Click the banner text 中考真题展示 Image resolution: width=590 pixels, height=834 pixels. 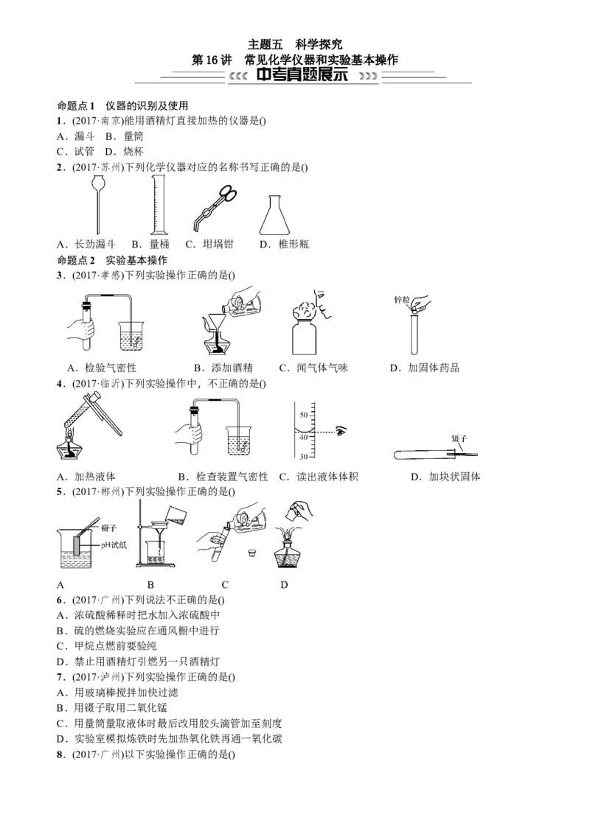point(302,74)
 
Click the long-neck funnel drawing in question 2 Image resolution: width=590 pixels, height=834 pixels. point(97,205)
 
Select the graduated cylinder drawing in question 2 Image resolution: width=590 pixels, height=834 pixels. point(159,205)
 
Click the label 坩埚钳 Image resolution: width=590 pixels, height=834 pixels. point(218,245)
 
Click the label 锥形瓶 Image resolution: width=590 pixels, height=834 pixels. point(294,245)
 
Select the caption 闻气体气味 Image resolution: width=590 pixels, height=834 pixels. point(322,368)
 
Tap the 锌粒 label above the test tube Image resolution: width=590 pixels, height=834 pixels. point(401,301)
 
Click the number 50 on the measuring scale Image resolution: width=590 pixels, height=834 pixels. point(304,415)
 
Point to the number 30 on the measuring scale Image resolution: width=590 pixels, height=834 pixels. point(304,456)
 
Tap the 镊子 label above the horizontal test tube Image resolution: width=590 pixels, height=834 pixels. point(459,439)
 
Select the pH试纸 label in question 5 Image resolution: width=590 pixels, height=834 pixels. point(114,544)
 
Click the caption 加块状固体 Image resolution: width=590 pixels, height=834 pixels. point(454,477)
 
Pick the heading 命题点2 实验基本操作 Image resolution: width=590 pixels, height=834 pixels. point(112,260)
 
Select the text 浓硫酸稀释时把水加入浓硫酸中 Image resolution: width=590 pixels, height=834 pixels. point(147,615)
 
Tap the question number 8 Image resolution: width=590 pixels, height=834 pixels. point(60,754)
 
